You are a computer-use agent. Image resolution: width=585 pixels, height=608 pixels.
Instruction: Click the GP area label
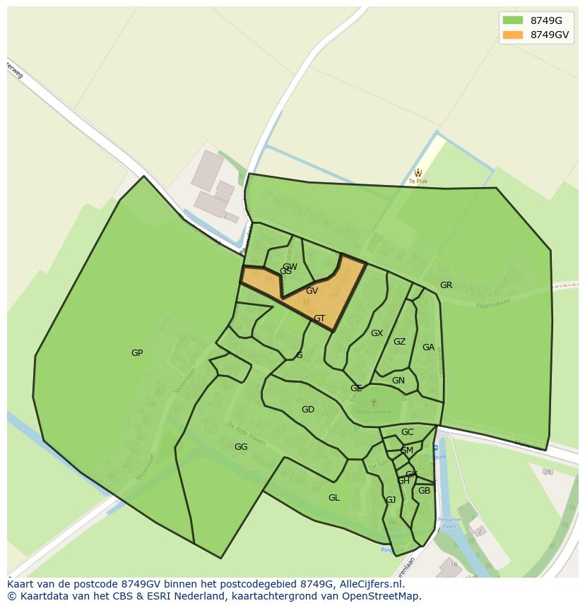coord(137,353)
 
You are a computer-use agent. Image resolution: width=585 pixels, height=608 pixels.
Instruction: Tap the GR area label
coord(446,285)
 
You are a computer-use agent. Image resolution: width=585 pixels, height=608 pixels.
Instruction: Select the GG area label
coord(241,447)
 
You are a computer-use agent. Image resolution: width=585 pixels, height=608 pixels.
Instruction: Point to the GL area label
coord(334,498)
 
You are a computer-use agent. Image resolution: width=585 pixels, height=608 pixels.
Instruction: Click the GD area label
coord(308,410)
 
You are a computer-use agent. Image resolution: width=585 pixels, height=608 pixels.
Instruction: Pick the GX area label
coord(377,333)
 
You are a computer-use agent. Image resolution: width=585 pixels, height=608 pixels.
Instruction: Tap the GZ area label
coord(399,342)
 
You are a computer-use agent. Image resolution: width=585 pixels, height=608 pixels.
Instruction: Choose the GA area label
coord(428,347)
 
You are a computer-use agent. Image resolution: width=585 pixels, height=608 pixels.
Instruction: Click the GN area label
coord(398,381)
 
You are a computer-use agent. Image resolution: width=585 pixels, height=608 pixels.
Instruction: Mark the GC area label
coord(408,432)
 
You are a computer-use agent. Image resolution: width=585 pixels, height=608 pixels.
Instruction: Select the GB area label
coord(424,491)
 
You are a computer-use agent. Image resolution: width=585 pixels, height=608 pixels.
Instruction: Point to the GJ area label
coord(391,500)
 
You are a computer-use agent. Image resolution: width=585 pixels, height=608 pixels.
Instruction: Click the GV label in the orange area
coord(312,291)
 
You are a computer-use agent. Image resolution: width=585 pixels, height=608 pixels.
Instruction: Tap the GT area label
coord(319,318)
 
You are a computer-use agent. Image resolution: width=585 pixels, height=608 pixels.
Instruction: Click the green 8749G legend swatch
coord(512,20)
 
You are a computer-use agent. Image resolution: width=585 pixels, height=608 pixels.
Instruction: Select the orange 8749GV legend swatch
coord(512,35)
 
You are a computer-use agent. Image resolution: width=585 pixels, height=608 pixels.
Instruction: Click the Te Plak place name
coord(418,181)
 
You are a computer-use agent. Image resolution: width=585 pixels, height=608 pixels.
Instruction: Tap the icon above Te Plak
coord(418,172)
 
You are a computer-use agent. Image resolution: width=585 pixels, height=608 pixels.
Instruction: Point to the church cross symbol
coord(374,403)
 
